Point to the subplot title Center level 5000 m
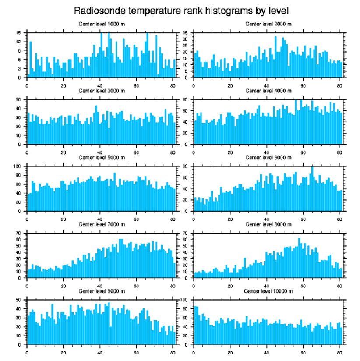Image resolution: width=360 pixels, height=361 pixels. click(101, 158)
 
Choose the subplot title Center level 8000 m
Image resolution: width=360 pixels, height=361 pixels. click(268, 224)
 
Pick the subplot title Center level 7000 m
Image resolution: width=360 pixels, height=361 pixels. click(101, 224)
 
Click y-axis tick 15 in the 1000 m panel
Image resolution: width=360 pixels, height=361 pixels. click(19, 33)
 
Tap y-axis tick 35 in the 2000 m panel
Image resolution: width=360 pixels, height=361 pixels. click(185, 33)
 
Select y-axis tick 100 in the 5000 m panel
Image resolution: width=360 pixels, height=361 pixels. click(18, 166)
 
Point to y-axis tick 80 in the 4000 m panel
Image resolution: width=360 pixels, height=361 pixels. click(185, 99)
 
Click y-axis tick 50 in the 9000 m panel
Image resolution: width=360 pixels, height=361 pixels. click(19, 300)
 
